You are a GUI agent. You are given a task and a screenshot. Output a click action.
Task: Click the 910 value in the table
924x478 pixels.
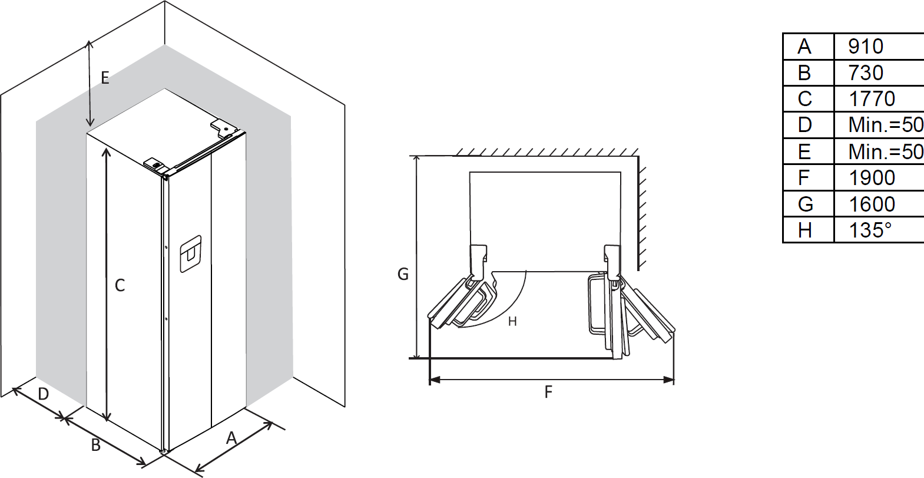coord(866,46)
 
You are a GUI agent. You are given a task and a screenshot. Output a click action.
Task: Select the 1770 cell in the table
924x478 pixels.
coord(872,98)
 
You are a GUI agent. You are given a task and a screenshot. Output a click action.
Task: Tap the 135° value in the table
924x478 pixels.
coord(870,230)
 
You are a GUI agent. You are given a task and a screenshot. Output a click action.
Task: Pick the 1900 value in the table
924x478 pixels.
coord(872,177)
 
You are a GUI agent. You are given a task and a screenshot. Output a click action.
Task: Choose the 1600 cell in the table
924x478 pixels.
coord(872,204)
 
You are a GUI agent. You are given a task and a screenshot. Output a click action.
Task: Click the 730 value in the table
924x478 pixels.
coord(866,72)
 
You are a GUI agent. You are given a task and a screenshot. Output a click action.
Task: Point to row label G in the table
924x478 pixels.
coord(805,204)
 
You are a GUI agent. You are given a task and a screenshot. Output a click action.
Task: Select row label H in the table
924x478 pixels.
coord(805,230)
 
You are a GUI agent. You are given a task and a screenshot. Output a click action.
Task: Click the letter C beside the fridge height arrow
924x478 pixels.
coord(120,285)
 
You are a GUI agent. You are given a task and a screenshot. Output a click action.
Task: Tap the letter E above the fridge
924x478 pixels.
coord(105,78)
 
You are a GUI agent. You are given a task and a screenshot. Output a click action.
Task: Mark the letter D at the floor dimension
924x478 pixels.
coord(44,394)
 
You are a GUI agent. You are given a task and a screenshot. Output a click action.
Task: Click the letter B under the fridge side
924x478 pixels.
coord(96,445)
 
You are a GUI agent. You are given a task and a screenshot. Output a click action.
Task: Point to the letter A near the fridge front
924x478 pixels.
coord(231,437)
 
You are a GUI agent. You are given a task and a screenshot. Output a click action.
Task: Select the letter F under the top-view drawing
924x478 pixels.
coord(548,392)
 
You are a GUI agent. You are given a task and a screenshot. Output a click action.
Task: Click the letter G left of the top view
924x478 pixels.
coord(403,274)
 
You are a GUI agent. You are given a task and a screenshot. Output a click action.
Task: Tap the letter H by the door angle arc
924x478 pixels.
coord(512,321)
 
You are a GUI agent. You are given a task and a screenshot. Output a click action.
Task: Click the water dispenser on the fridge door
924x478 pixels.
coord(191,254)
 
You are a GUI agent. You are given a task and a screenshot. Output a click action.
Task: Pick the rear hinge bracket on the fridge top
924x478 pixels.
coord(223,128)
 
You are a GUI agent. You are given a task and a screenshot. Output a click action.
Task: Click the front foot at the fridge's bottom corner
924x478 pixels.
coord(165,451)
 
